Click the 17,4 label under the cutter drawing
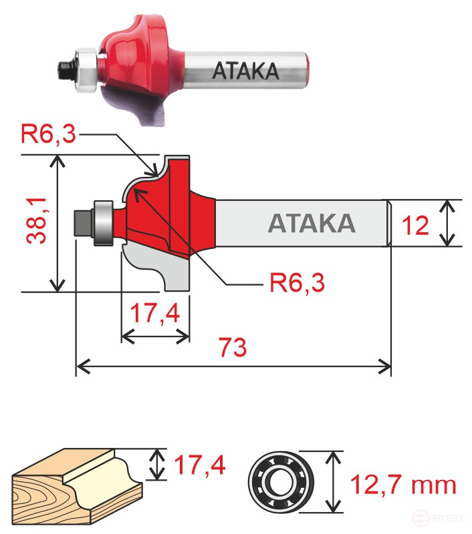tap(155, 314)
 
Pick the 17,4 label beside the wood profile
tap(199, 464)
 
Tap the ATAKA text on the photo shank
tap(245, 71)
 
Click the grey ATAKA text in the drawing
tap(311, 223)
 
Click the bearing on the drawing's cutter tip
tap(104, 222)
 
